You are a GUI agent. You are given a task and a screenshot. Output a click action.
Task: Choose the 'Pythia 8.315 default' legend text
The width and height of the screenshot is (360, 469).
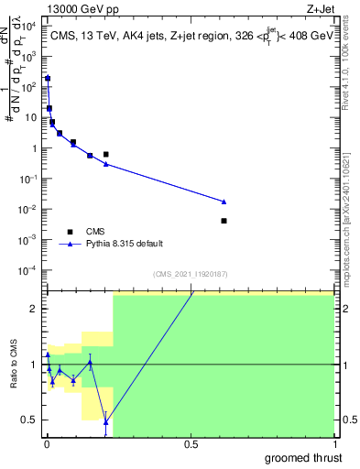[x=125, y=244]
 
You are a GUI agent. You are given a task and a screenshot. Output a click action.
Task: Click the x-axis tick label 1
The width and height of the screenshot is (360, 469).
[x=333, y=445]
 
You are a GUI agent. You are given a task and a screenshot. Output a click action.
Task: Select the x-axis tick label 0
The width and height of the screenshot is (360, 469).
[x=47, y=445]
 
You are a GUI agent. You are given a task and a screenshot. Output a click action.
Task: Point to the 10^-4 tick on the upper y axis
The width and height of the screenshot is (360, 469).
[x=30, y=270]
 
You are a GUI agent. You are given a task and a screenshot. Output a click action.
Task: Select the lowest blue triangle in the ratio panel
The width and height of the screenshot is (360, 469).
[x=106, y=422]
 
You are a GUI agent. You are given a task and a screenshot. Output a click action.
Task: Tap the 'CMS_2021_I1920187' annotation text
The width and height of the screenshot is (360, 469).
[x=190, y=274]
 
